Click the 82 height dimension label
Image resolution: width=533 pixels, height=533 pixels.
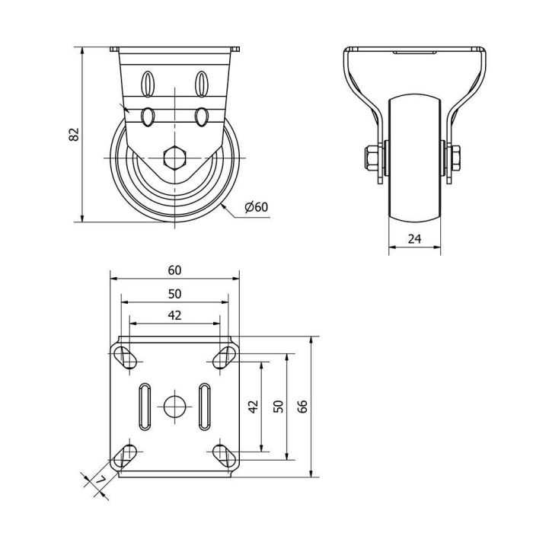pyautogui.click(x=74, y=134)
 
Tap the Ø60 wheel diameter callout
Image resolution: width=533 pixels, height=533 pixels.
pyautogui.click(x=257, y=206)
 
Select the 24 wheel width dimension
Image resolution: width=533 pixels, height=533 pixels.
pyautogui.click(x=414, y=239)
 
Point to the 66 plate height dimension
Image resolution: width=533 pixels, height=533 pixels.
pyautogui.click(x=302, y=406)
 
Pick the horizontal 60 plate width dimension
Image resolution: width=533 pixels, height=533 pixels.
pyautogui.click(x=174, y=270)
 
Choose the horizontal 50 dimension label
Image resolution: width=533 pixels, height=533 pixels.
pyautogui.click(x=174, y=294)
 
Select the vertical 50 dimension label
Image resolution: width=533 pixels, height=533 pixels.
pyautogui.click(x=279, y=406)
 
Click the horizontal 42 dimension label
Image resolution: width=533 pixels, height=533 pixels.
pyautogui.click(x=174, y=315)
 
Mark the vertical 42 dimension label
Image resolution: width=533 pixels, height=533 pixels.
pyautogui.click(x=254, y=406)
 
